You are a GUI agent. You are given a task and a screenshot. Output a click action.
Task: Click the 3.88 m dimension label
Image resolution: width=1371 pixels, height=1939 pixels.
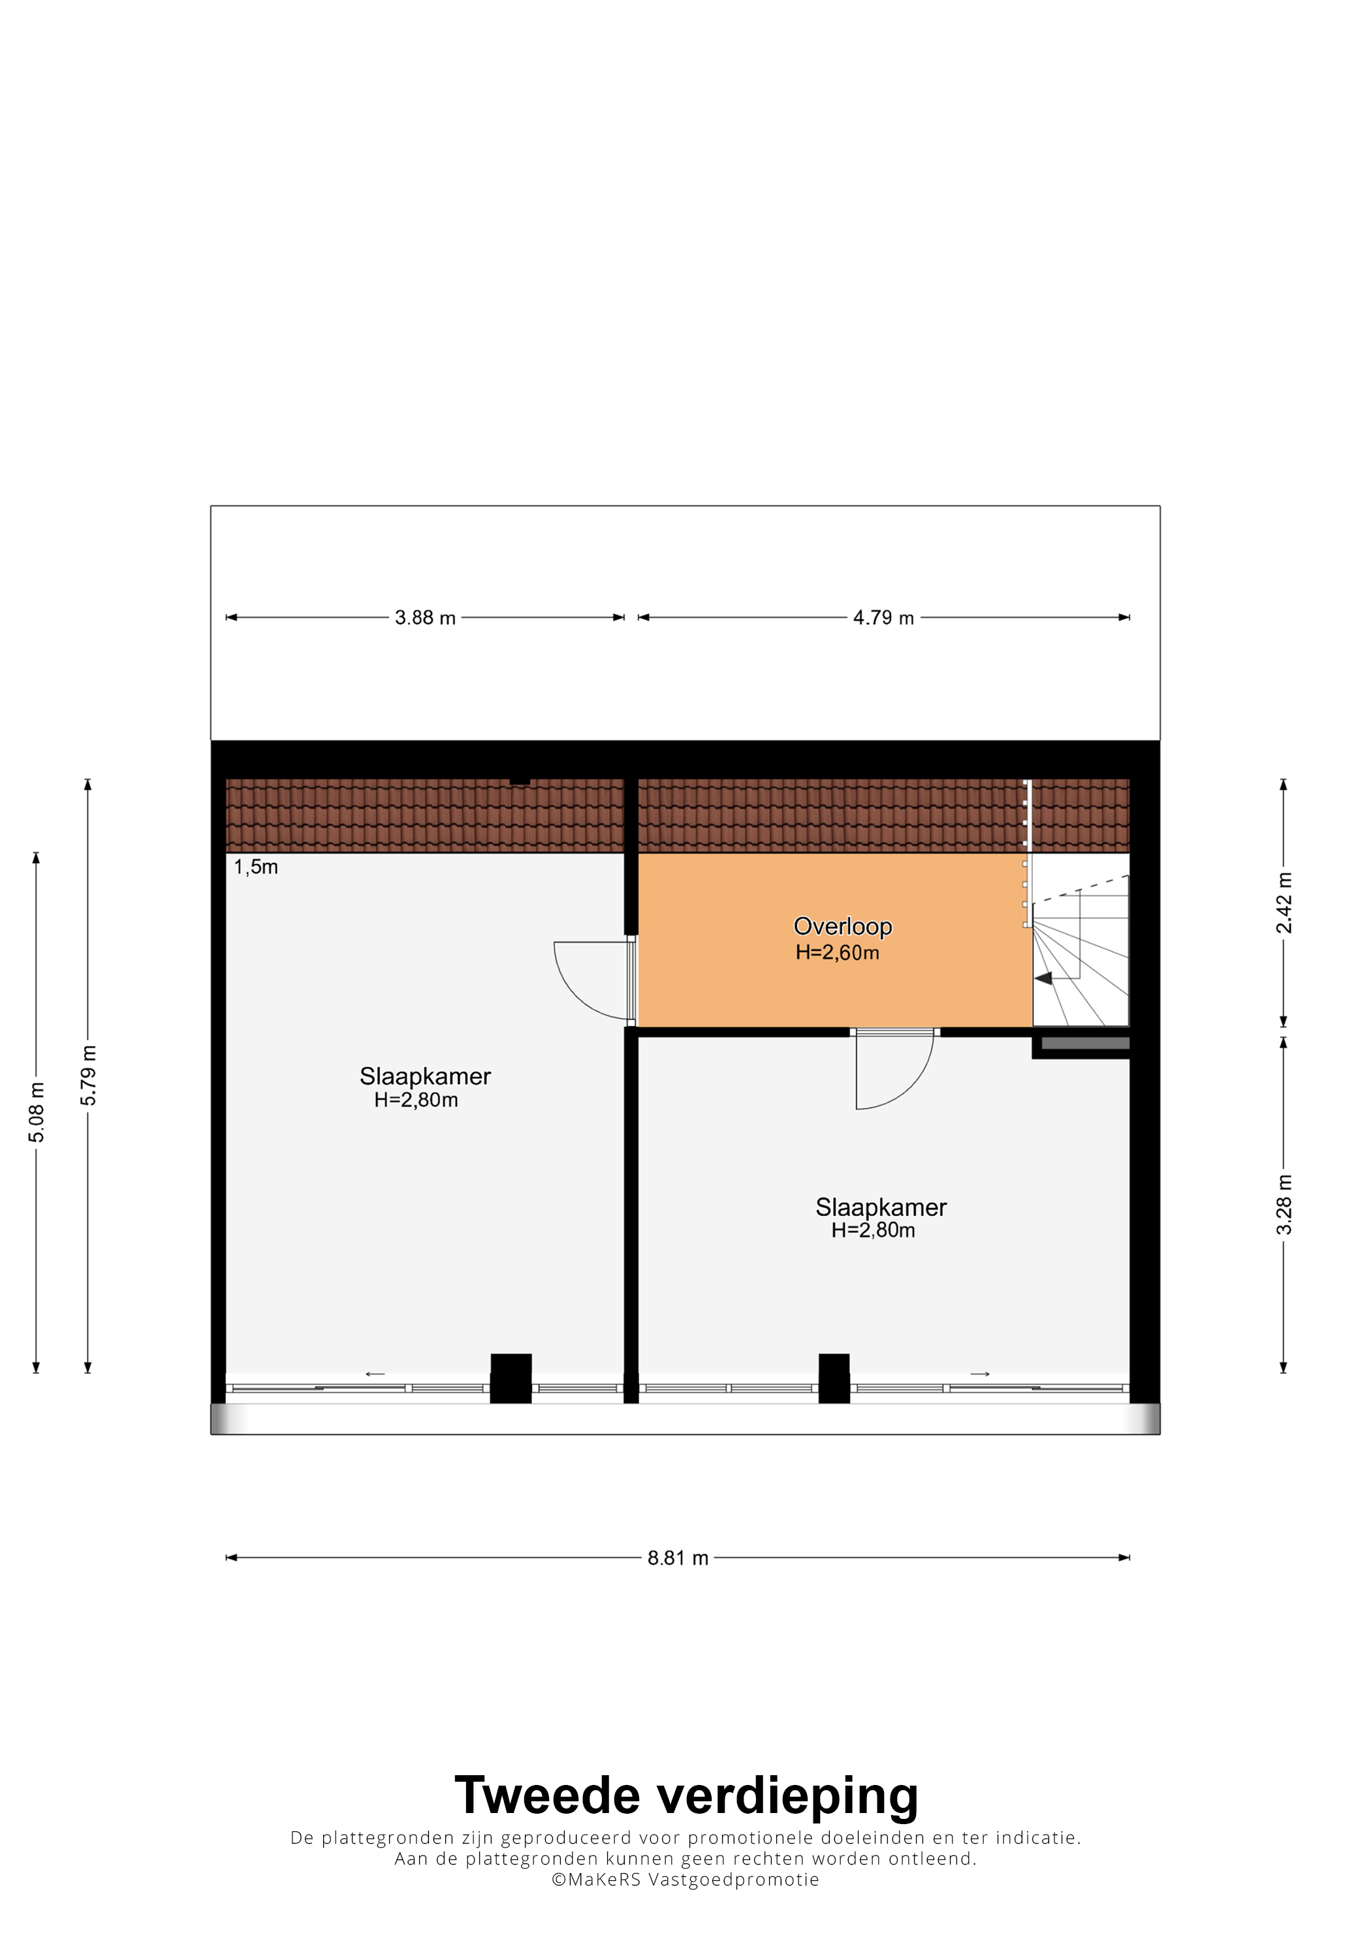(425, 617)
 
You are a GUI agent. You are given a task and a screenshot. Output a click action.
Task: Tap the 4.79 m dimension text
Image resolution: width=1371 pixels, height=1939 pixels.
(883, 617)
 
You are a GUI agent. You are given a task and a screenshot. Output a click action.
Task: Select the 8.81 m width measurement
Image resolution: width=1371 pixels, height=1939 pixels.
(678, 1557)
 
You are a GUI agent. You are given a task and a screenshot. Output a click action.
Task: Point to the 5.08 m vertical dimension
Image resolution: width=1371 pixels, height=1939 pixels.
(37, 1111)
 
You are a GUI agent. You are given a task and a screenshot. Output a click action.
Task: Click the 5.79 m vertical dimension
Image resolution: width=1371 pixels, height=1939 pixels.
(88, 1075)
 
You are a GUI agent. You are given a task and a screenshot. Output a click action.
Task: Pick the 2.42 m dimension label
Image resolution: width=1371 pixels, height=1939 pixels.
(1283, 903)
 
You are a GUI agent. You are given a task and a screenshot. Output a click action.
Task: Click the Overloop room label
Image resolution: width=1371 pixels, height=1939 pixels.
(842, 927)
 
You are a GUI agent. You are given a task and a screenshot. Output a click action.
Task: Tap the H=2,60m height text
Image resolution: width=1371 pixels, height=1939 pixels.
(837, 953)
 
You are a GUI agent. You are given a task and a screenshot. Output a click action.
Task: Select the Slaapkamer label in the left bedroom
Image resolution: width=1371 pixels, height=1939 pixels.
(425, 1077)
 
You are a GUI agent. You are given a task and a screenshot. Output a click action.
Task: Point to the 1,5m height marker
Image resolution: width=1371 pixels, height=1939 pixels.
(256, 867)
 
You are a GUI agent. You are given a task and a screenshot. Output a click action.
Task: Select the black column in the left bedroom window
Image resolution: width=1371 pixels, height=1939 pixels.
(511, 1379)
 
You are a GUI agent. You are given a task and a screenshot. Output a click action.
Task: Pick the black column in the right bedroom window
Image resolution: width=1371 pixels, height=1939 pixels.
(834, 1379)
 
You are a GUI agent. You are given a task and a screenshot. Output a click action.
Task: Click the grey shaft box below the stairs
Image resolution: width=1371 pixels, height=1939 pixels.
(1086, 1043)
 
